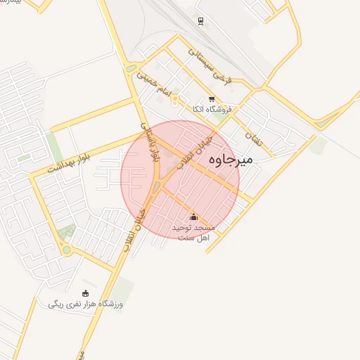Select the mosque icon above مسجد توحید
tap(194, 217)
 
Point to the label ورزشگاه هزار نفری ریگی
tap(86, 304)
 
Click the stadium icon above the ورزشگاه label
tap(86, 292)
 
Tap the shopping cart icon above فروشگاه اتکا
tap(212, 99)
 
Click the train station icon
tap(200, 21)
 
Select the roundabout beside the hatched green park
tap(66, 250)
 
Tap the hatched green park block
tap(67, 231)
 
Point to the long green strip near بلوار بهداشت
tap(54, 146)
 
